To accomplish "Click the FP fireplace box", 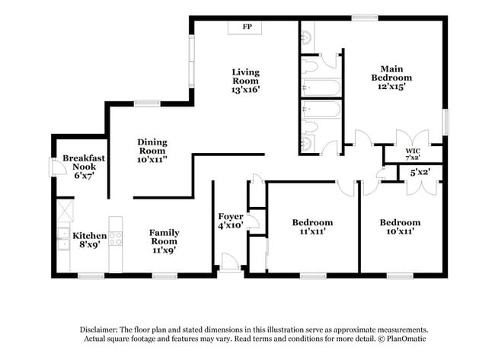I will (247, 27).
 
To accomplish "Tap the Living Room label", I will (246, 80).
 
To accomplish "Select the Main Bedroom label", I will (391, 78).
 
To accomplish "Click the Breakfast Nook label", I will (84, 166).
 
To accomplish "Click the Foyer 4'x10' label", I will (230, 220).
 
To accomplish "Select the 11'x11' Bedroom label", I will (313, 227).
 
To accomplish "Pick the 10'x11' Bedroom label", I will (400, 227).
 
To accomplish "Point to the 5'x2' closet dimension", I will (421, 173).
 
